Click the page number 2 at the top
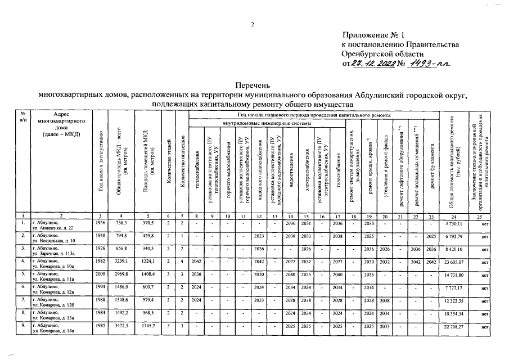253,24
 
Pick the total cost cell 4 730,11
453,224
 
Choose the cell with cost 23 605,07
453,262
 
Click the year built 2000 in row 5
100,274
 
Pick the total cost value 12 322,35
453,300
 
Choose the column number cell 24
452,216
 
